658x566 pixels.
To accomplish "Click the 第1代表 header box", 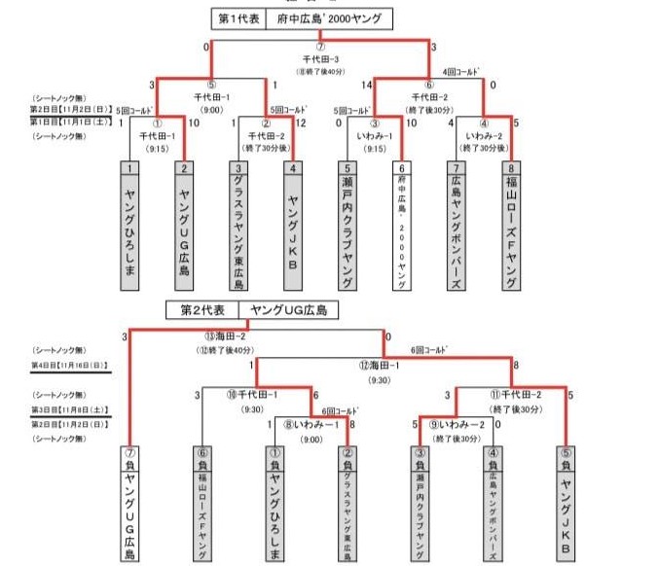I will pyautogui.click(x=239, y=18).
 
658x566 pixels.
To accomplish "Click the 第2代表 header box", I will pyautogui.click(x=202, y=310).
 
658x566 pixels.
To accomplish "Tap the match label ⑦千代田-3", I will pyautogui.click(x=320, y=58).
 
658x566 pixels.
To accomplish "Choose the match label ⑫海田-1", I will pyautogui.click(x=380, y=366).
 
